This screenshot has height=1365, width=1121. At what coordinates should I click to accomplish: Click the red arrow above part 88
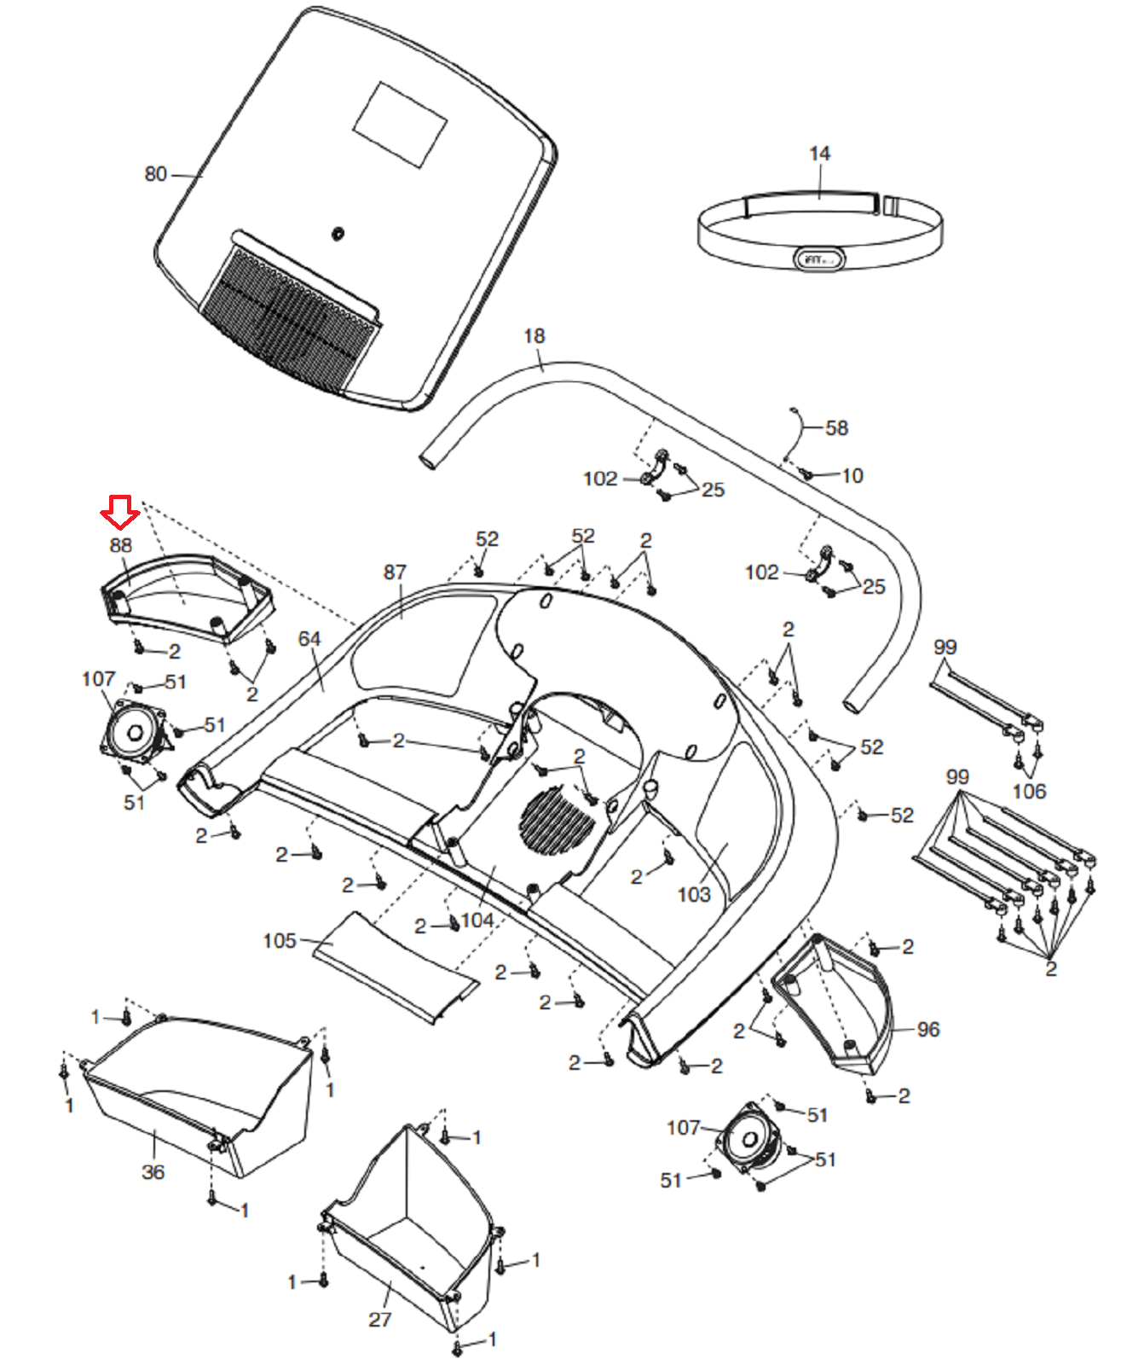point(119,512)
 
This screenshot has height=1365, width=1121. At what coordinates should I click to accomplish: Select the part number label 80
point(155,174)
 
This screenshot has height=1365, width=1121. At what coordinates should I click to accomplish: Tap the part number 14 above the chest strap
point(819,154)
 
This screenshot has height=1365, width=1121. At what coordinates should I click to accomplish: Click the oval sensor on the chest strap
point(819,258)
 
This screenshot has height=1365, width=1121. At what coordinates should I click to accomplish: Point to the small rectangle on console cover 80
point(400,125)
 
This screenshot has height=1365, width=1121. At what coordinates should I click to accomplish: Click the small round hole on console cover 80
point(337,233)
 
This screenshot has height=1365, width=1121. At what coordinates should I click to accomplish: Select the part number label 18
point(534,336)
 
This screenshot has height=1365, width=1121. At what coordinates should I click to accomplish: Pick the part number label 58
point(836,427)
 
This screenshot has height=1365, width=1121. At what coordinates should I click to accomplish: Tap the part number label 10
point(852,476)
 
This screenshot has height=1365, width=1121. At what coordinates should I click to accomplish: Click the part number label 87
point(395,572)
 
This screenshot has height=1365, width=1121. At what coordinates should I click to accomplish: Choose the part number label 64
point(309,639)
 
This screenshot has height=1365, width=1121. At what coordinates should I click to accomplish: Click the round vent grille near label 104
point(558,821)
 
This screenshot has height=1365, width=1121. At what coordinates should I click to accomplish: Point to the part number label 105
point(280,940)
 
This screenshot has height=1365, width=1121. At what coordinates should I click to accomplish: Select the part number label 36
point(153,1171)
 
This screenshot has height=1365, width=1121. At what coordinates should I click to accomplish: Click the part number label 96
point(928,1029)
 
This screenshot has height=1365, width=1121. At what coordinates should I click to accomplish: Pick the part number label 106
point(1029,791)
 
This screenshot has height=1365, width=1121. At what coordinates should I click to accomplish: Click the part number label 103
point(694,894)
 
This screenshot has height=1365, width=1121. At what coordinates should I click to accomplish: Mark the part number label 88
point(120,545)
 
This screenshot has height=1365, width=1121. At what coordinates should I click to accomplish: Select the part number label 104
point(477,920)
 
